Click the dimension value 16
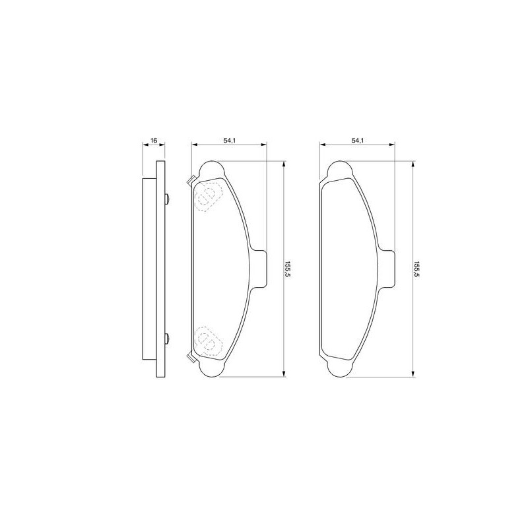click(154, 140)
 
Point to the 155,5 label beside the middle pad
click(288, 269)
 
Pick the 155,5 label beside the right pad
click(416, 269)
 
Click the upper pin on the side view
click(167, 199)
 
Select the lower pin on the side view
click(167, 338)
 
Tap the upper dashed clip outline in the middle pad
click(207, 197)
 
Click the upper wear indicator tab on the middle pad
click(191, 180)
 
